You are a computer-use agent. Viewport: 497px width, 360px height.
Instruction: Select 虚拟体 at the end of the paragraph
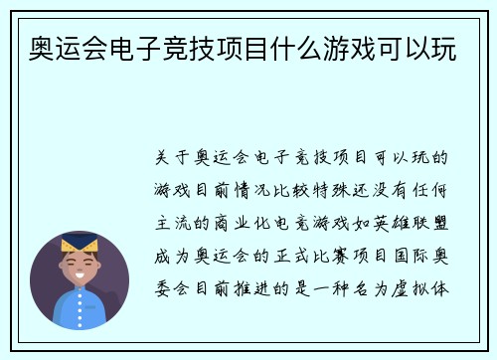coord(426,292)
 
